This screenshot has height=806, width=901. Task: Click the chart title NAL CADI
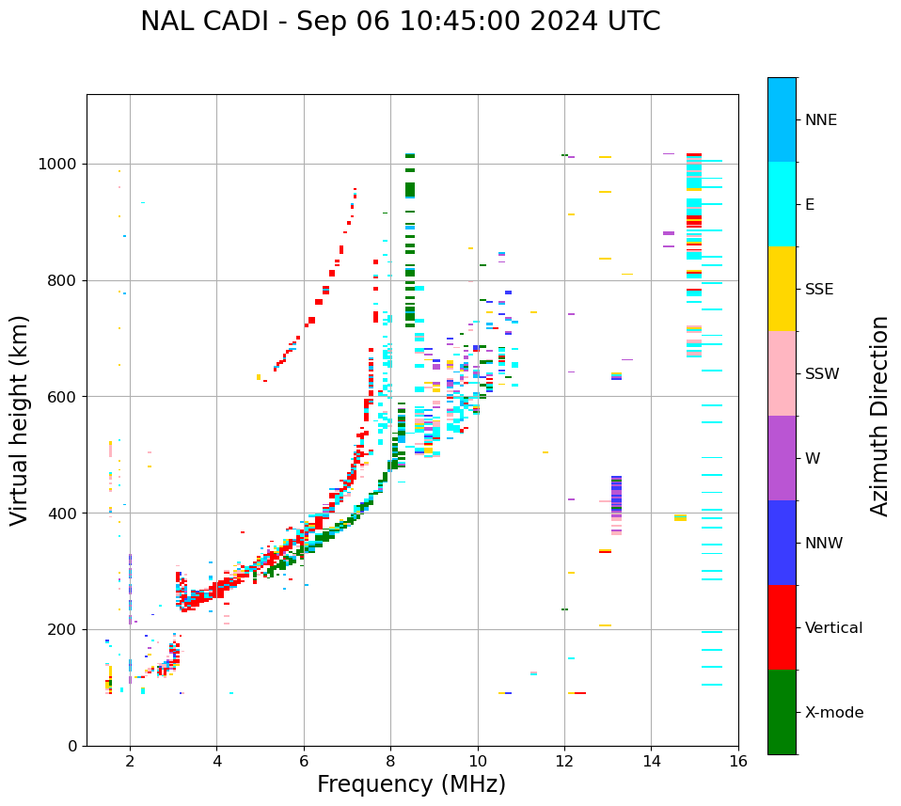[206, 22]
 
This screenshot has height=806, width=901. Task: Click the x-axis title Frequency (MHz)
[411, 784]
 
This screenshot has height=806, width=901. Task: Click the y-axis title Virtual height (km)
[20, 420]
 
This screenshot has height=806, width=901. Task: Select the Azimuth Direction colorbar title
[879, 416]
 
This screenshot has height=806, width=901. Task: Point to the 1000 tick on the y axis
[61, 164]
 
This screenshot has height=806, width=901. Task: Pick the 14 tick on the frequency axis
[651, 760]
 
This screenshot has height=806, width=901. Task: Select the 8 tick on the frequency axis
[390, 760]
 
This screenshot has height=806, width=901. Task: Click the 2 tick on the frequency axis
[130, 760]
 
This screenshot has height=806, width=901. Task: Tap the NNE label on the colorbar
[820, 120]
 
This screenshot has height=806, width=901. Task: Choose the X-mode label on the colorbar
[833, 713]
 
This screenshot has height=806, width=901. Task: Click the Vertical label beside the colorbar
[833, 628]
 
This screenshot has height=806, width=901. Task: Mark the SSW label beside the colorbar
[822, 374]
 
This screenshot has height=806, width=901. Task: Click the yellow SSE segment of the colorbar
[782, 289]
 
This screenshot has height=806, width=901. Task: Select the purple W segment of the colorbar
[782, 458]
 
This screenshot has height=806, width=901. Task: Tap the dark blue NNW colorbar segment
[782, 543]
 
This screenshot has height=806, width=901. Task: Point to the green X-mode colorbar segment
[782, 712]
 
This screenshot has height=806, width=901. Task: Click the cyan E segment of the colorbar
[782, 204]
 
